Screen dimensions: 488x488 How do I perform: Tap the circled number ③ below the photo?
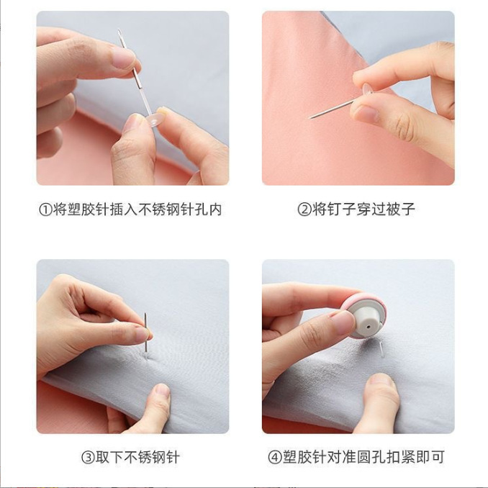(x=87, y=457)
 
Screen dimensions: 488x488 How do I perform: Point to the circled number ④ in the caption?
(x=276, y=457)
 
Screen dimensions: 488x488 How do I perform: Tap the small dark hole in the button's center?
(x=367, y=325)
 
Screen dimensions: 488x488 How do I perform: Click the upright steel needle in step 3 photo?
(x=145, y=332)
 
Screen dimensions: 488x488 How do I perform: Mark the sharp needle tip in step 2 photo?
(x=311, y=117)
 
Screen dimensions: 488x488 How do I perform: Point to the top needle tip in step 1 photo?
(x=119, y=31)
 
